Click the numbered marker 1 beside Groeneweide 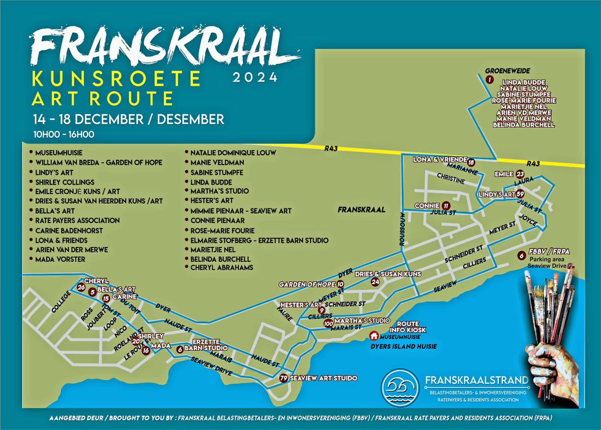click(x=489, y=79)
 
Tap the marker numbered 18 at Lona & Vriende click(x=470, y=162)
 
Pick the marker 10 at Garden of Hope click(x=341, y=284)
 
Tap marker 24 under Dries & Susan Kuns click(x=375, y=282)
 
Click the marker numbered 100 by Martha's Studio click(x=329, y=324)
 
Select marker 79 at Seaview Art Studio click(x=284, y=378)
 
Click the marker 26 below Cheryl click(x=82, y=287)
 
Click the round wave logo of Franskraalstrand click(x=399, y=388)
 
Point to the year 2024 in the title click(x=254, y=77)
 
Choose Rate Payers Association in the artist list click(x=77, y=220)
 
